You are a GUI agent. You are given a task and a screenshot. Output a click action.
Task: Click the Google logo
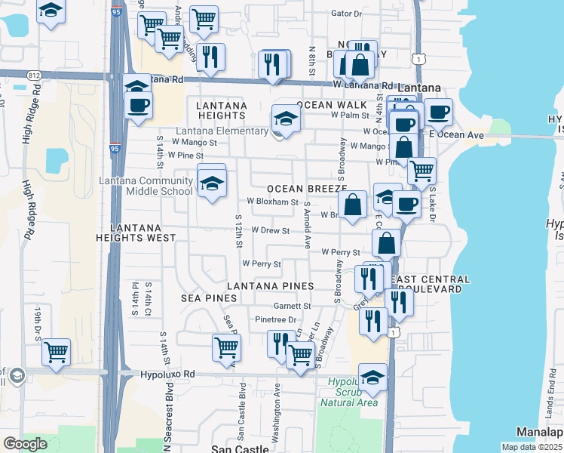26,444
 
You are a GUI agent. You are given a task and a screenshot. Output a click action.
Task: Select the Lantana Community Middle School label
146,186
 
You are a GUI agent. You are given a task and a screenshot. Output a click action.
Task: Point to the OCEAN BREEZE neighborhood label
305,188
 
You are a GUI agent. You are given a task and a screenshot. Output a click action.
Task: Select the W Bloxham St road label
273,202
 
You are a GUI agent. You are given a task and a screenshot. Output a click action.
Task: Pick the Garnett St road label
293,306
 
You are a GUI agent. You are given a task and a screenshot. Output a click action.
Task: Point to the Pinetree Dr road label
276,320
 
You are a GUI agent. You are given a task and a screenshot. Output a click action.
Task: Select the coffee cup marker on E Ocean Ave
438,112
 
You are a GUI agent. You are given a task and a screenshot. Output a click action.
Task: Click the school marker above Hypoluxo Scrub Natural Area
372,376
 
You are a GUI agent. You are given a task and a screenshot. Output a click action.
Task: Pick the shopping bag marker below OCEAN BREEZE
352,203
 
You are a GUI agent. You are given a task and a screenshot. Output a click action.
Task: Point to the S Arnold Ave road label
308,226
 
